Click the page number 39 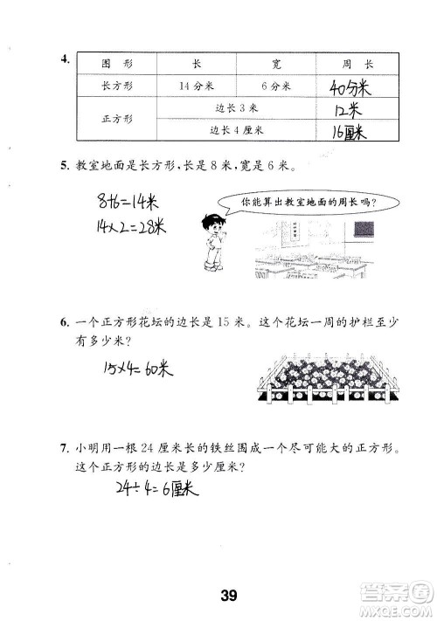click(x=228, y=597)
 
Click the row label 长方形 click(x=115, y=86)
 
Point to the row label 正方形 click(x=115, y=120)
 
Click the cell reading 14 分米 click(x=195, y=86)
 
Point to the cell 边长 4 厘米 click(x=238, y=130)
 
